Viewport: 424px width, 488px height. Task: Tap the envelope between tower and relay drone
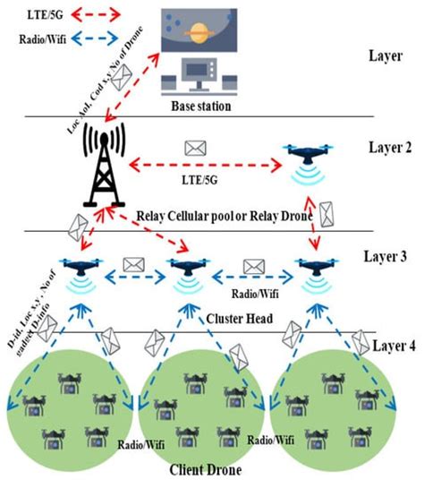click(191, 145)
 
